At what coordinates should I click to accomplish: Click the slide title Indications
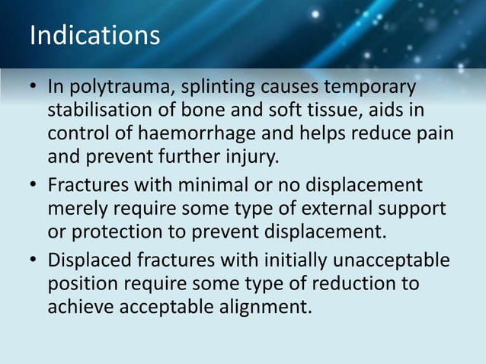[94, 36]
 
